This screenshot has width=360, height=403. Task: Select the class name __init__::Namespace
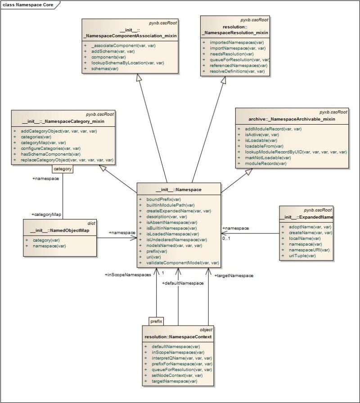pos(179,190)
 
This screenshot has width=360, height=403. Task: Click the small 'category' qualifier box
pos(62,170)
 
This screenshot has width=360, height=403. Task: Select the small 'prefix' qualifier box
pos(156,321)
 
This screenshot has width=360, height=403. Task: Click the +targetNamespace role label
pos(233,275)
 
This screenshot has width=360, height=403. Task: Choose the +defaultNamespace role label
pos(183,283)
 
